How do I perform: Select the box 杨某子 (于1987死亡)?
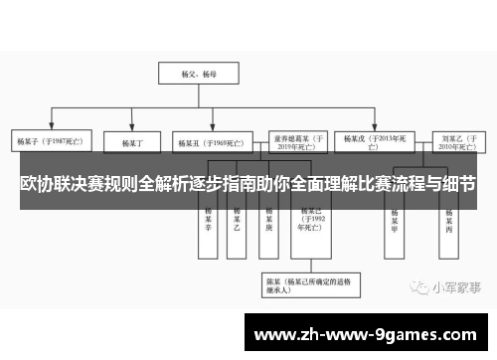tap(49, 142)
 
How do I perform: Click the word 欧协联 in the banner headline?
tap(55, 185)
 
